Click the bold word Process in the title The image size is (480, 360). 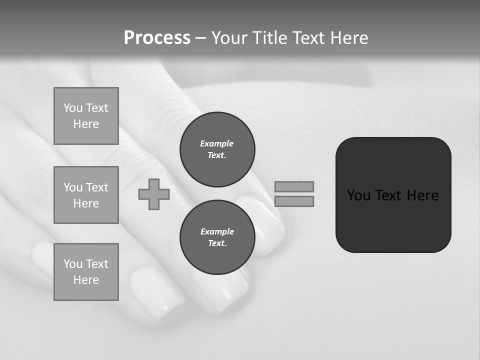pyautogui.click(x=157, y=38)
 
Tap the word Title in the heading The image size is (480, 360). pyautogui.click(x=270, y=38)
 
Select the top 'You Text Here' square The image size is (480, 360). pyautogui.click(x=86, y=116)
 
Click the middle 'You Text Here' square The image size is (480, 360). pyautogui.click(x=86, y=195)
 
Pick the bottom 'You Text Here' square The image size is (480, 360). pyautogui.click(x=86, y=272)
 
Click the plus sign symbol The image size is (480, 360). pyautogui.click(x=154, y=194)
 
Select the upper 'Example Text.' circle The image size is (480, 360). pyautogui.click(x=217, y=149)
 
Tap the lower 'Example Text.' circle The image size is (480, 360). pyautogui.click(x=217, y=237)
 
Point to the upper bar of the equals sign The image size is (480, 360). pyautogui.click(x=294, y=187)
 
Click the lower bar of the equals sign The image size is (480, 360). pyautogui.click(x=294, y=201)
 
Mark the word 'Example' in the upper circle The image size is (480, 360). pyautogui.click(x=217, y=143)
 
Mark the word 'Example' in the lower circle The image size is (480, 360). pyautogui.click(x=217, y=231)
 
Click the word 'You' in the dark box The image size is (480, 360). pyautogui.click(x=358, y=195)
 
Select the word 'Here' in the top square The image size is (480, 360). pyautogui.click(x=86, y=124)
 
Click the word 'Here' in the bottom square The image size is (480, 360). pyautogui.click(x=86, y=280)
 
